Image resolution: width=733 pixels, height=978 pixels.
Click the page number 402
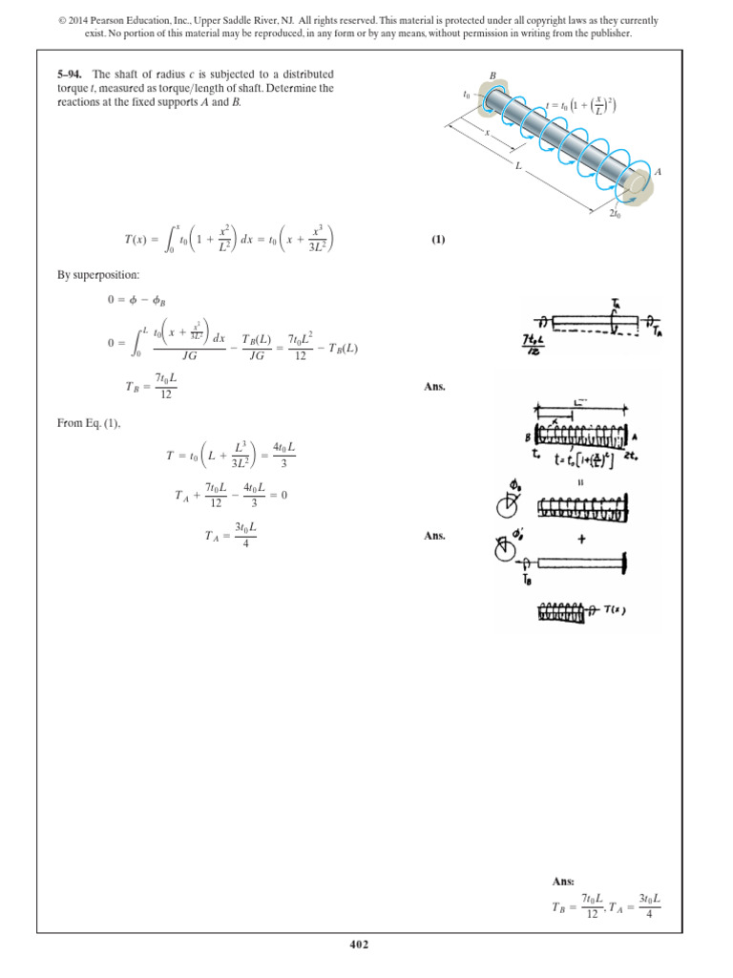[366, 945]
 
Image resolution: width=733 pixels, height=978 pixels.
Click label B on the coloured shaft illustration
[493, 74]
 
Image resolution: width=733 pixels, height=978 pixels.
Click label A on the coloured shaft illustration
[659, 173]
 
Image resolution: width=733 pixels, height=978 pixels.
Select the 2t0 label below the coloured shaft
[617, 214]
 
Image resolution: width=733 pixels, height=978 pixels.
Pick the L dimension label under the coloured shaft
[517, 167]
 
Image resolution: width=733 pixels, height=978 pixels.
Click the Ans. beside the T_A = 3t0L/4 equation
[434, 537]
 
